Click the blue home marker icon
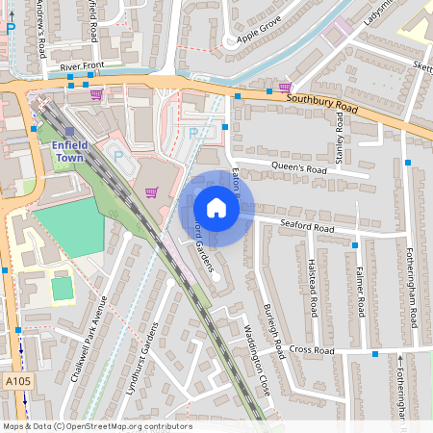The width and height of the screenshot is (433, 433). (x=216, y=207)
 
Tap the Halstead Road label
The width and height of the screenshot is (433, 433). (x=314, y=290)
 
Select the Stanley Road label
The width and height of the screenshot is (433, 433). (x=339, y=135)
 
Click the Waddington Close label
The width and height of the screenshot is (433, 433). (x=248, y=355)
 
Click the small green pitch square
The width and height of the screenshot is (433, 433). (x=63, y=287)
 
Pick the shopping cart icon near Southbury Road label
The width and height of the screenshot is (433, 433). (x=285, y=87)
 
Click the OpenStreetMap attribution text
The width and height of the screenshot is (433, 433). (x=98, y=425)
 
